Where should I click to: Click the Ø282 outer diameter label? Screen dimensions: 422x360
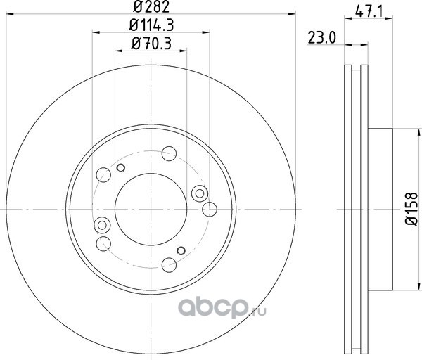tap(151, 7)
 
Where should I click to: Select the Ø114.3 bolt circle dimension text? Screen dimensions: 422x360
tap(151, 25)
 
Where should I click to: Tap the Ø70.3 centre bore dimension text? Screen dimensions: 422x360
tap(151, 44)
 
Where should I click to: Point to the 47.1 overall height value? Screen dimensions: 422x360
tap(369, 12)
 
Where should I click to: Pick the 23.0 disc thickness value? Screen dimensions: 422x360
tap(322, 38)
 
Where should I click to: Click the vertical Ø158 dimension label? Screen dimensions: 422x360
tap(411, 209)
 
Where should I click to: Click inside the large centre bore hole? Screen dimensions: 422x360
tap(151, 209)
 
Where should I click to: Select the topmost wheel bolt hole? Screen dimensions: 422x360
tap(169, 153)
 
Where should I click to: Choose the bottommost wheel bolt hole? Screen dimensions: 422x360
tap(169, 265)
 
